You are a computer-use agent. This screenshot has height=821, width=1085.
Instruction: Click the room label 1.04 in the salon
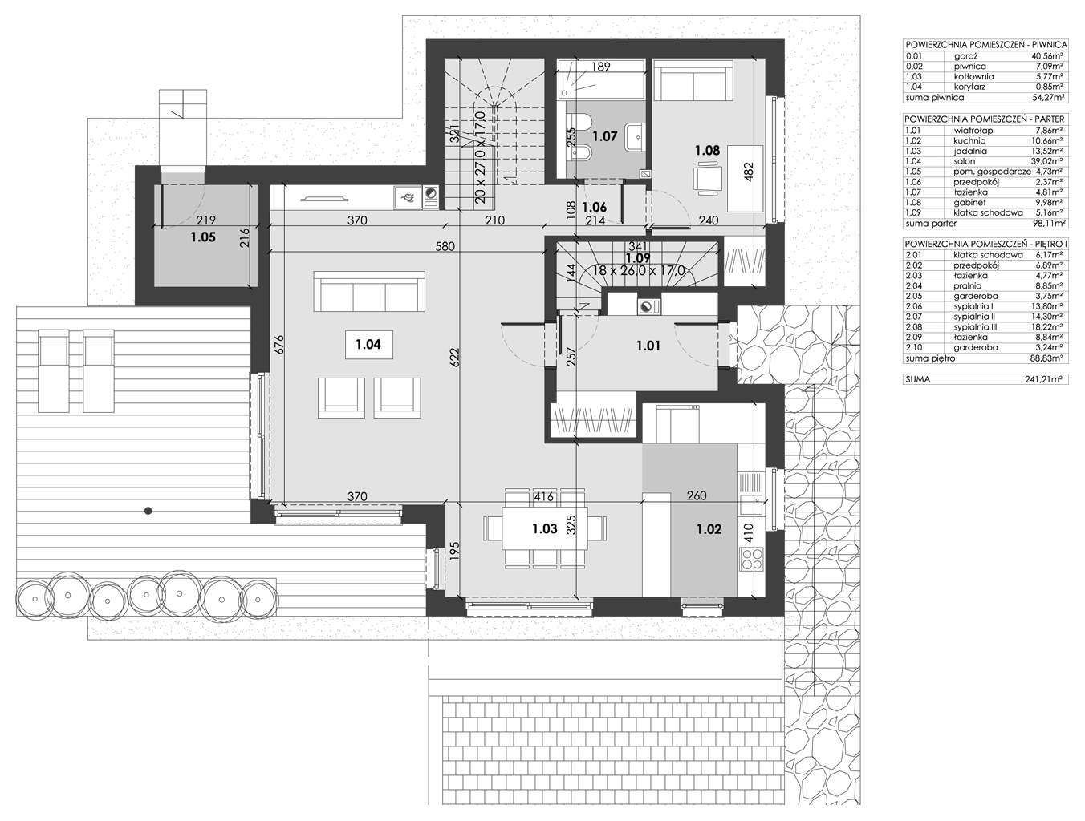point(368,344)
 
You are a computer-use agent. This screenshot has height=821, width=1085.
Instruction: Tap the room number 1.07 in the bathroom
point(604,136)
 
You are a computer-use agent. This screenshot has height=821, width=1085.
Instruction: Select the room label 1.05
point(203,237)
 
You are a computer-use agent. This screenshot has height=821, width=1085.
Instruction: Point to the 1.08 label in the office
point(707,150)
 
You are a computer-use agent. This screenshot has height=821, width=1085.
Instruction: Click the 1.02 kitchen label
point(709,530)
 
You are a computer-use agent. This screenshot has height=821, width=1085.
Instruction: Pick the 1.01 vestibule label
point(648,346)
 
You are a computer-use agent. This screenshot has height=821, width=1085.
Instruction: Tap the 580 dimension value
point(445,246)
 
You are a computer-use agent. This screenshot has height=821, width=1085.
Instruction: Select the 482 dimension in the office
point(749,172)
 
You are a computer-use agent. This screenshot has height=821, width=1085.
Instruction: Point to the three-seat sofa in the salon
point(369,291)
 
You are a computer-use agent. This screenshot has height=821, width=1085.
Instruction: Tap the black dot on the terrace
point(148,511)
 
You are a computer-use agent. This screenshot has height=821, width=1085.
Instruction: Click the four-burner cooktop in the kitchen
point(751,559)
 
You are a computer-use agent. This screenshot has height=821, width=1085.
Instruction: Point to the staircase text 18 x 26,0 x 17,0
point(639,270)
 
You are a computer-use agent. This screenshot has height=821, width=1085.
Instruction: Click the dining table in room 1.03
point(545,528)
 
